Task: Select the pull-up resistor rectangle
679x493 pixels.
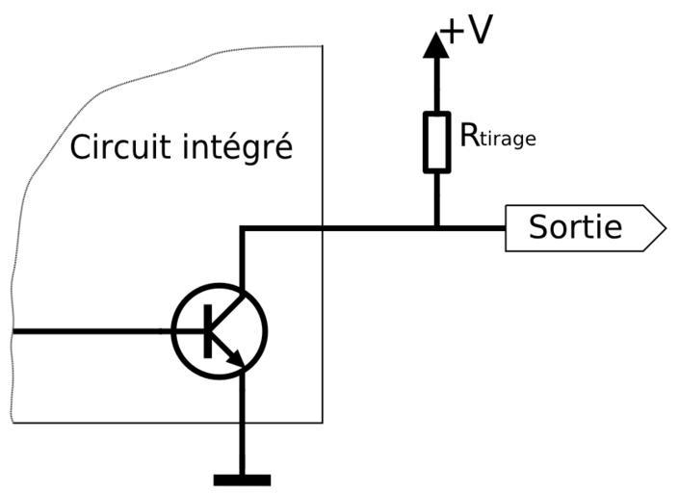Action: pyautogui.click(x=436, y=142)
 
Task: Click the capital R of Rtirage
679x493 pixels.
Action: pyautogui.click(x=469, y=135)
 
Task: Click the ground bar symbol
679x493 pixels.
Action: pyautogui.click(x=242, y=479)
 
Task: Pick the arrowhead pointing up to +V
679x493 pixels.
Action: pyautogui.click(x=436, y=43)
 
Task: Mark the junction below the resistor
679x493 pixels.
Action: pyautogui.click(x=436, y=228)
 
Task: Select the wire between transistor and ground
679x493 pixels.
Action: pyautogui.click(x=243, y=424)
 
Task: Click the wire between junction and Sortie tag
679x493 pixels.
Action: pyautogui.click(x=472, y=228)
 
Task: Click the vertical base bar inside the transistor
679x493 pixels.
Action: pyautogui.click(x=207, y=331)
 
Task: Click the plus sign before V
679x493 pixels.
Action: pyautogui.click(x=452, y=31)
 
